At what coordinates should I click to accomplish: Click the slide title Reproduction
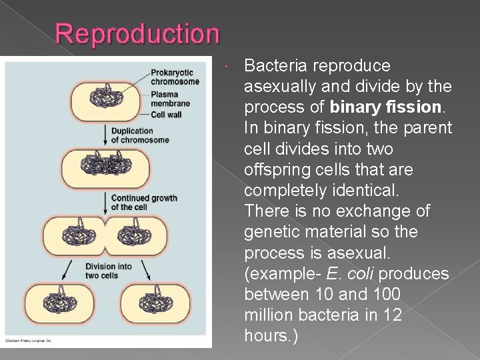(x=137, y=33)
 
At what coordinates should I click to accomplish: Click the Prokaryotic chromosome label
(x=175, y=77)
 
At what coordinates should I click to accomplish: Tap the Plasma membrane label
(x=170, y=99)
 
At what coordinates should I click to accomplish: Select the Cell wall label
(x=166, y=115)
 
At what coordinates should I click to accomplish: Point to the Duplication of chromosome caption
(x=139, y=135)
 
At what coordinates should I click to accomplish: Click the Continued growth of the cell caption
(x=143, y=202)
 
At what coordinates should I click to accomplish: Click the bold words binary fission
(x=385, y=107)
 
